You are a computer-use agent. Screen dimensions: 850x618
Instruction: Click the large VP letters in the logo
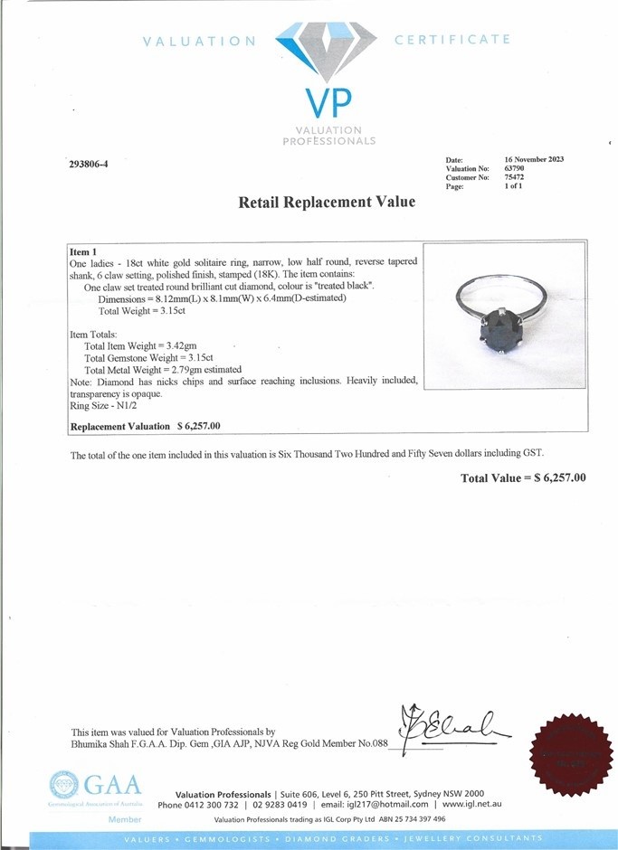(328, 103)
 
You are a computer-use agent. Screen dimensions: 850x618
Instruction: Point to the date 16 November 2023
(534, 159)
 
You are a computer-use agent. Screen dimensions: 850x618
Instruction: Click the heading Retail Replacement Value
(327, 203)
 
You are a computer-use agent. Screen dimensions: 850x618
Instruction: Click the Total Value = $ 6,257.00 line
(523, 477)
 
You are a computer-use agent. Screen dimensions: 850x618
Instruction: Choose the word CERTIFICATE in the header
(452, 40)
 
